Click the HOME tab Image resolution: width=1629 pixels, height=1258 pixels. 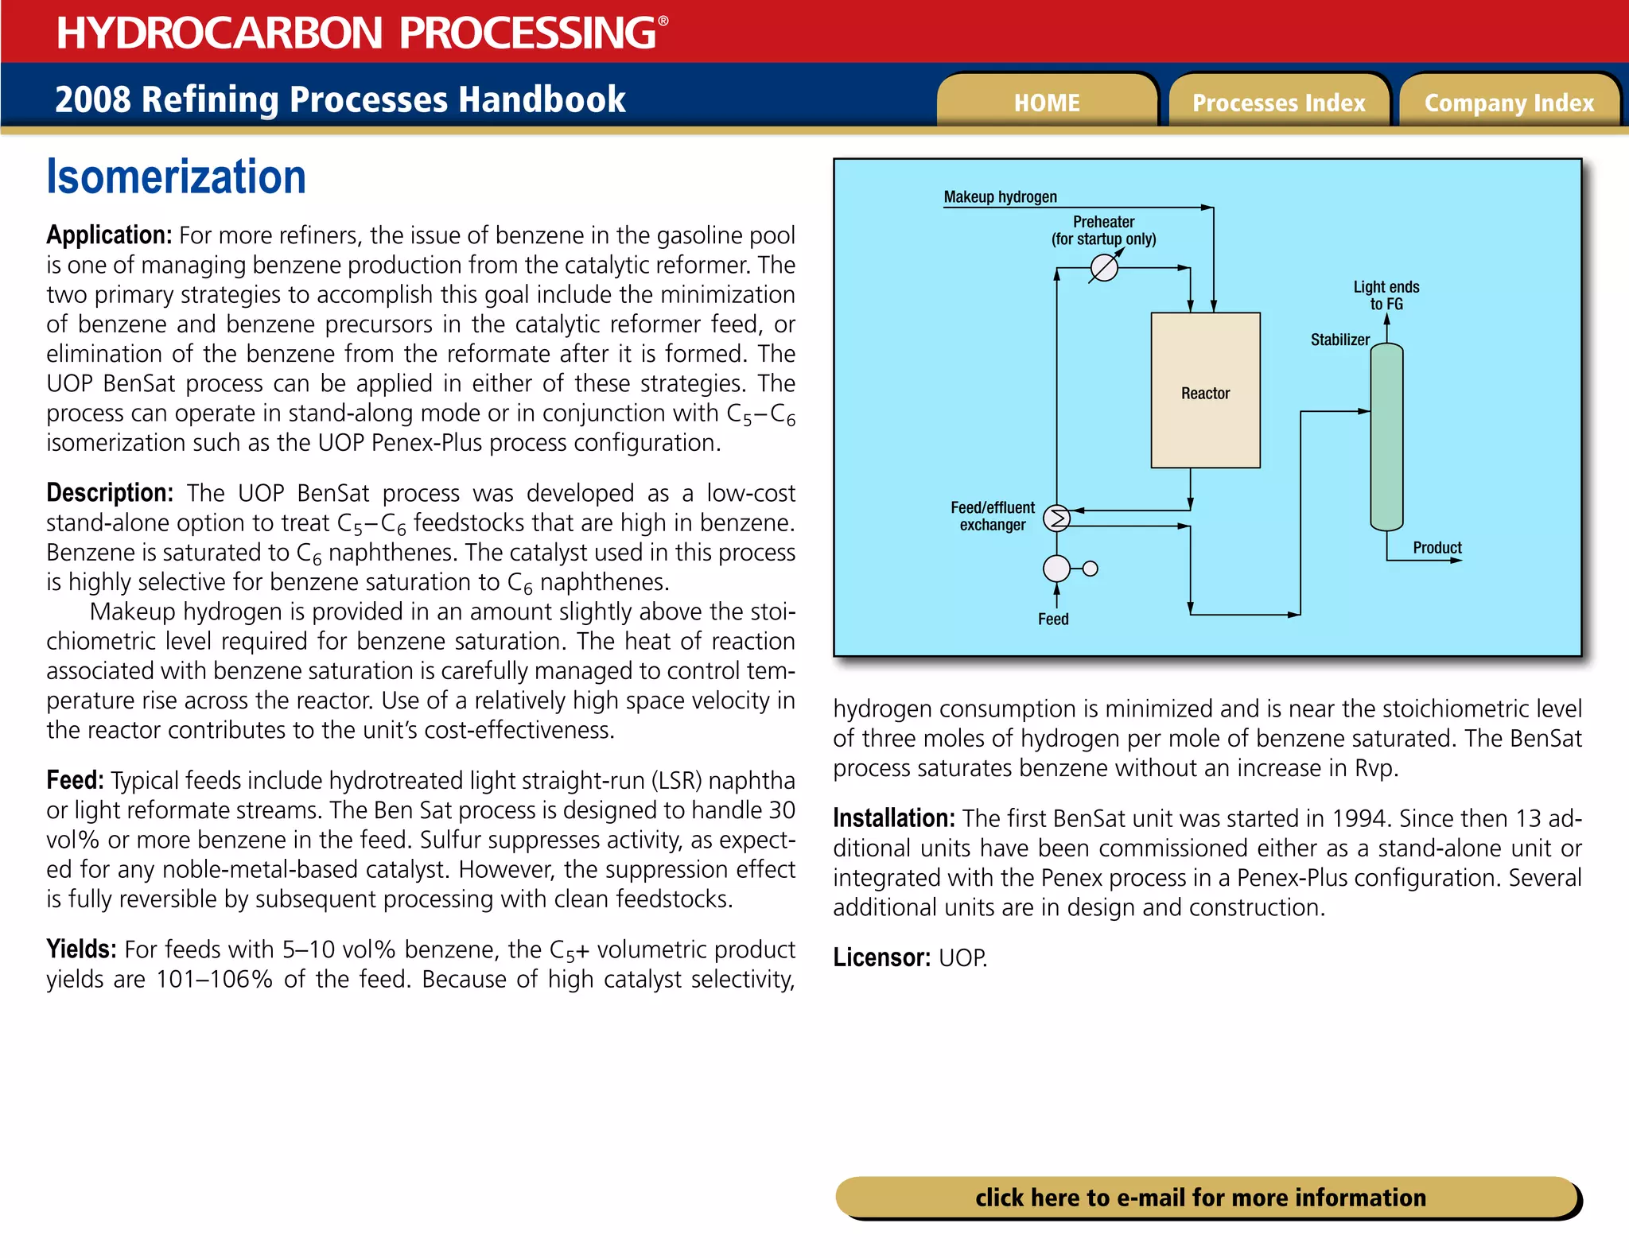coord(1046,103)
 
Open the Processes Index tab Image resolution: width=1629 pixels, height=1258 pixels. coord(1278,103)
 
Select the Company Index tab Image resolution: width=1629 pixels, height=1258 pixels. coord(1509,103)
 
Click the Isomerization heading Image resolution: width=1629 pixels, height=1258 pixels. coord(176,177)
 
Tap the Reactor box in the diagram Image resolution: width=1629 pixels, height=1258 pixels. coord(1205,390)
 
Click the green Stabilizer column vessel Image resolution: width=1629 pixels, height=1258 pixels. coord(1386,437)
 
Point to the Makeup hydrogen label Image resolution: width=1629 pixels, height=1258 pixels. coord(1000,196)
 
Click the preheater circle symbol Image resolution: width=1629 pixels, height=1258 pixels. coord(1103,268)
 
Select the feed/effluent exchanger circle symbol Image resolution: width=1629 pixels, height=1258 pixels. coord(1057,518)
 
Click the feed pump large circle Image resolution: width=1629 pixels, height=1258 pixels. coord(1056,569)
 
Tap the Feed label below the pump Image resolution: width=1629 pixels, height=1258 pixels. coord(1053,619)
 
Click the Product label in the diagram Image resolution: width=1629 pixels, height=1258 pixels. coord(1437,547)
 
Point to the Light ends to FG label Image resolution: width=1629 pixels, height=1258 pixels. coord(1386,295)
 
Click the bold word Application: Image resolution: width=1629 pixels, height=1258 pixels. coord(109,235)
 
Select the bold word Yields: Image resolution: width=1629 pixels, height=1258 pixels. coord(81,949)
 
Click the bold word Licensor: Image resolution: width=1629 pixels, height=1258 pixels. coord(881,957)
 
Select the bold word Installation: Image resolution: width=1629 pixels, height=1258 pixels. coord(893,818)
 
